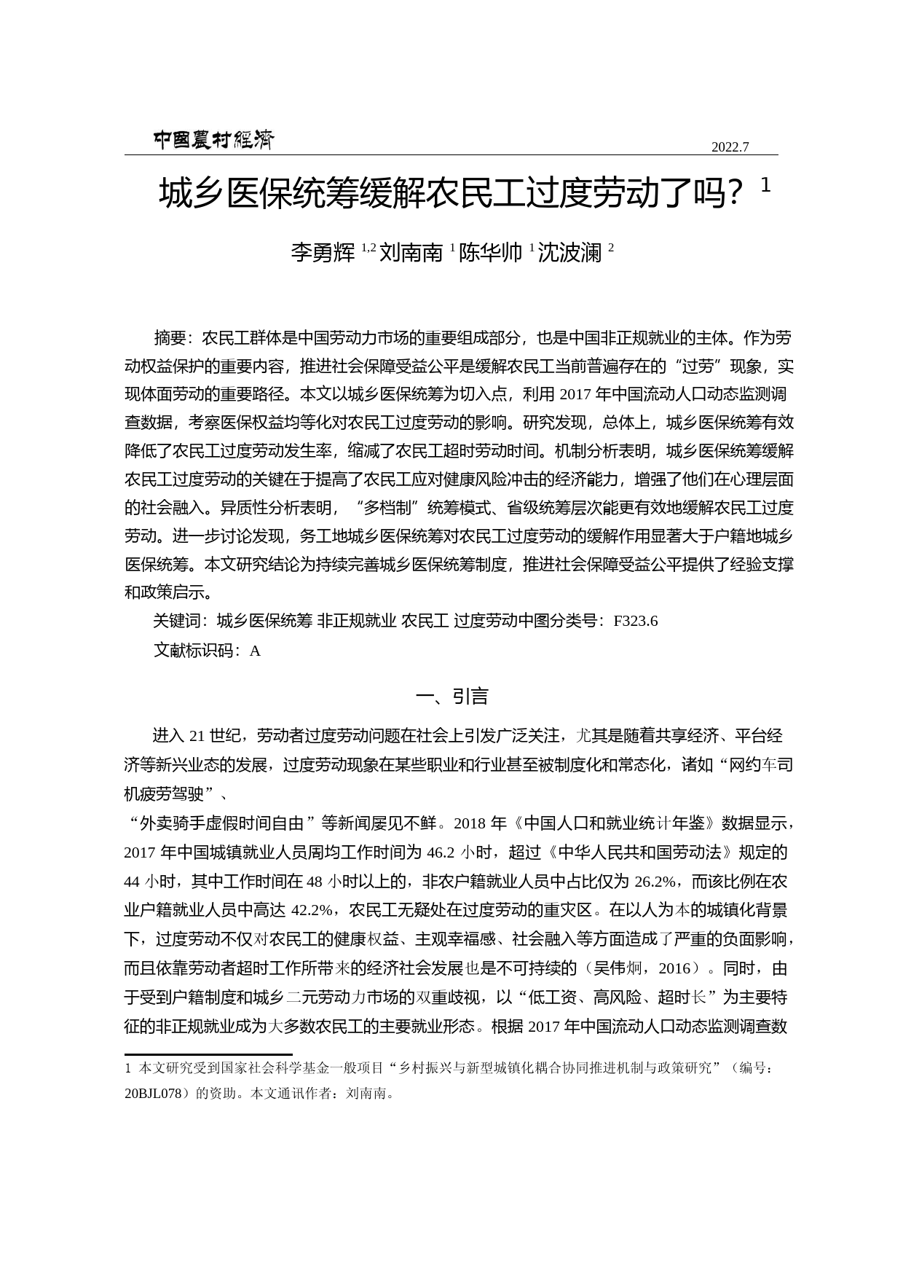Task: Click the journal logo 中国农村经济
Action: (x=213, y=140)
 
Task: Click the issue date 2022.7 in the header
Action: (x=730, y=146)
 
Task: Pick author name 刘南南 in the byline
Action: (x=411, y=253)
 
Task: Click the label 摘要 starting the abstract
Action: (x=170, y=338)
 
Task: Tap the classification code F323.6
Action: (x=636, y=621)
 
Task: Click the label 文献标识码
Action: (x=193, y=651)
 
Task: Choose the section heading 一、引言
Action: (x=451, y=697)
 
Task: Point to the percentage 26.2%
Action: (x=655, y=882)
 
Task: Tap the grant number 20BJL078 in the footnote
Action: (x=157, y=1093)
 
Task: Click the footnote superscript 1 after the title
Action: (x=765, y=187)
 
